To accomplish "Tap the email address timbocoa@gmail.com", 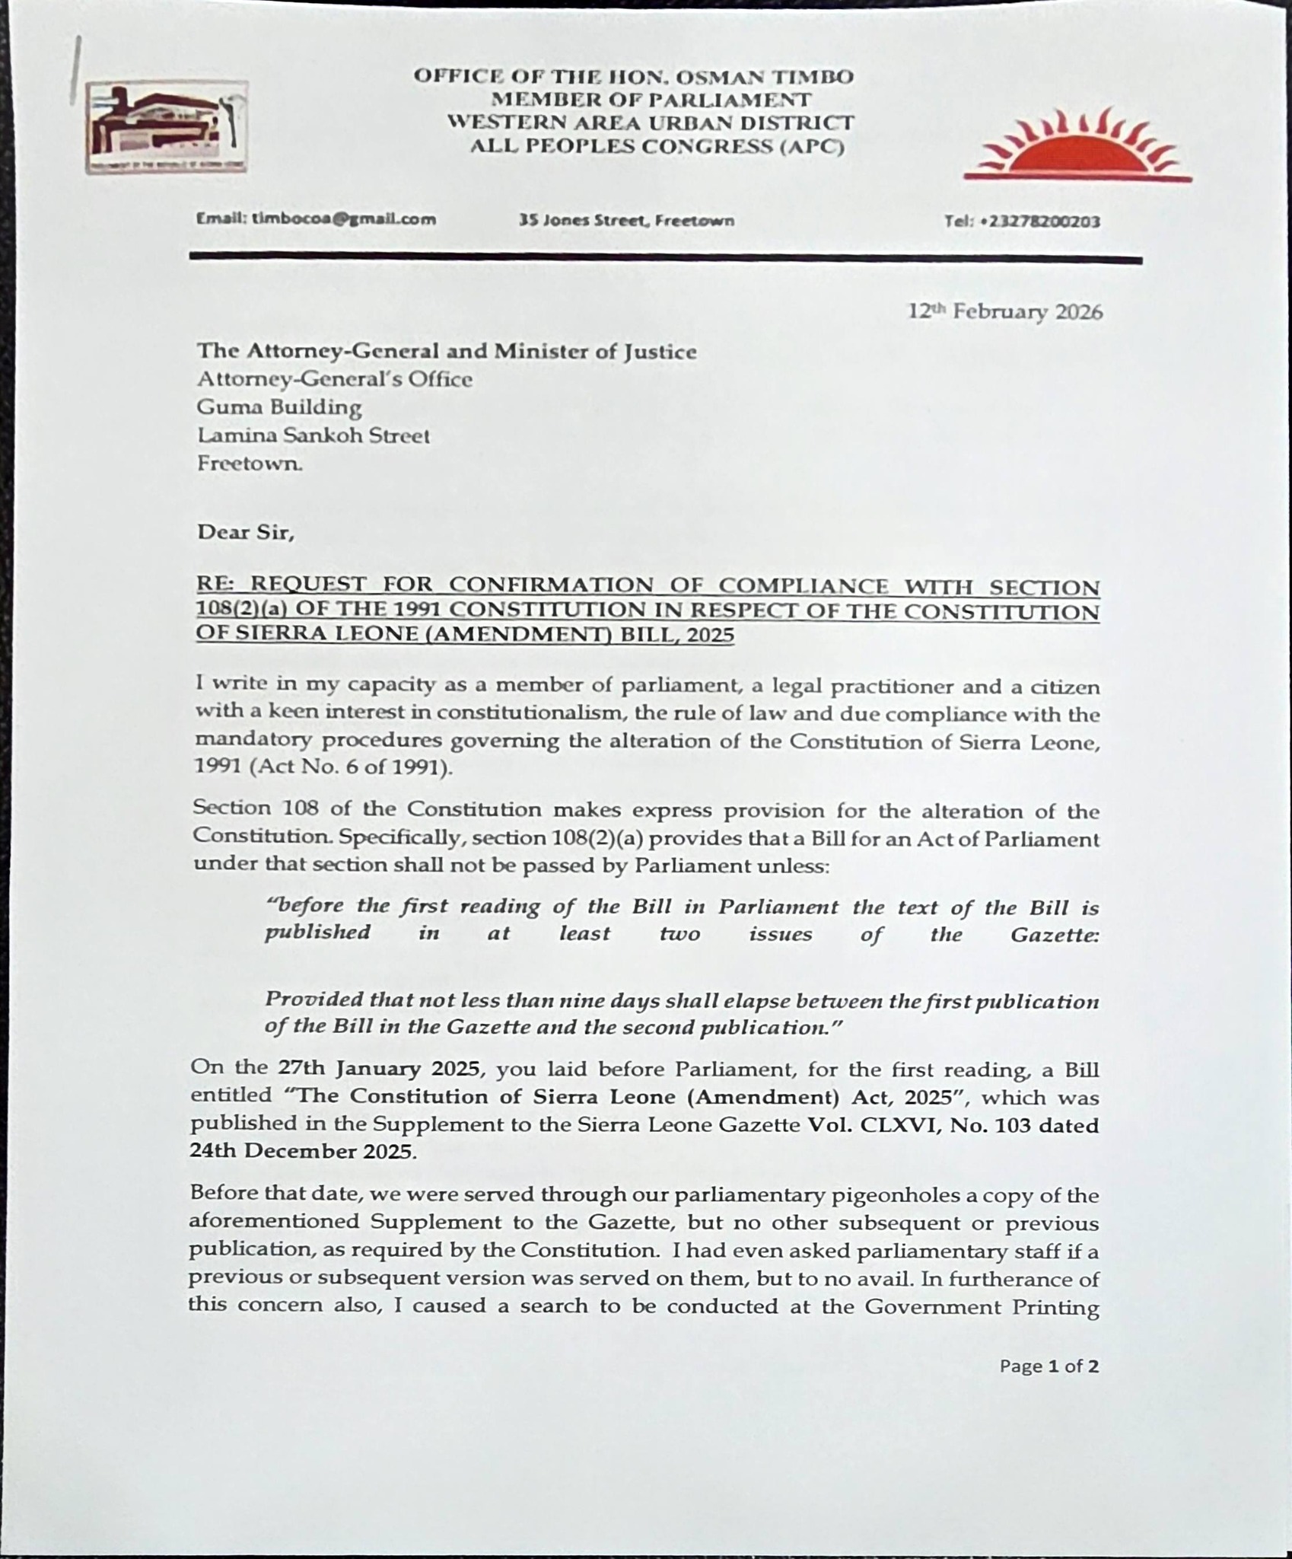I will point(316,219).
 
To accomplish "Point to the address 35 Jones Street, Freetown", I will point(626,221).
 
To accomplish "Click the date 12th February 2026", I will point(1005,311).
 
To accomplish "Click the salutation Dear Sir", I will point(245,531).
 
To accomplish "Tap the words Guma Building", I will point(278,407).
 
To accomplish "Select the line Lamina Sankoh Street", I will point(313,435).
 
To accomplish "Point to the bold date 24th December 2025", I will point(303,1151).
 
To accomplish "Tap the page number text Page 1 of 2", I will point(1049,1366).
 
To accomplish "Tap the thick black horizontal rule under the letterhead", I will point(665,260).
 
